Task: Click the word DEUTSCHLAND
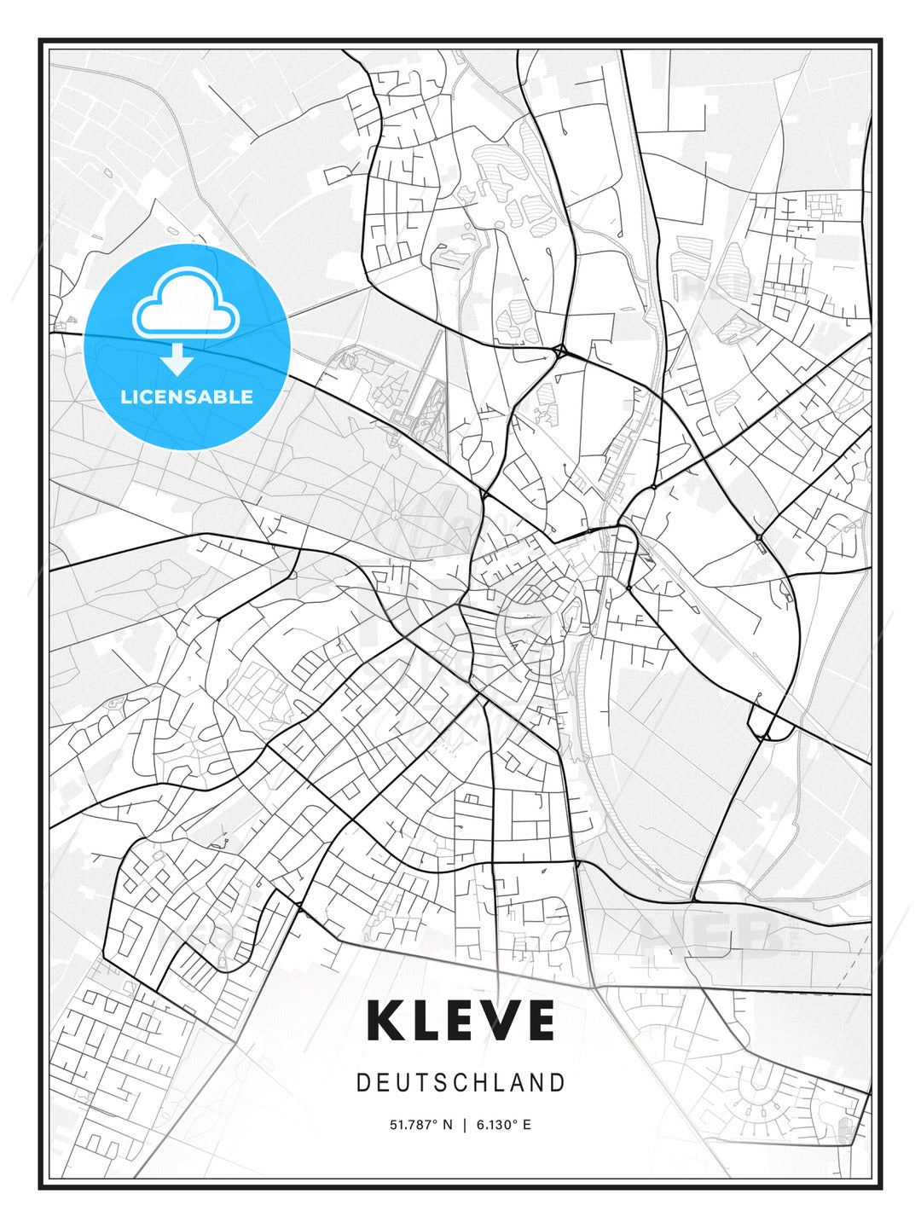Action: tap(460, 1083)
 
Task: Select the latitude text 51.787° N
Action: tap(421, 1125)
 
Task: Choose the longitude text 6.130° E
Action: tap(504, 1125)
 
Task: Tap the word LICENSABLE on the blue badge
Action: tap(187, 397)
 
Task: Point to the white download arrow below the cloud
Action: tap(177, 360)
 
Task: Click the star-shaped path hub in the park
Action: tap(397, 515)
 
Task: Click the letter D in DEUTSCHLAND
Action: tap(362, 1083)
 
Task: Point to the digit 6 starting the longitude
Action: tap(480, 1125)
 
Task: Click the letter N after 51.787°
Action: tap(449, 1125)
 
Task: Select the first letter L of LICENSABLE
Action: tap(125, 397)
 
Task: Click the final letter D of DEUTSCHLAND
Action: tap(559, 1083)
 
